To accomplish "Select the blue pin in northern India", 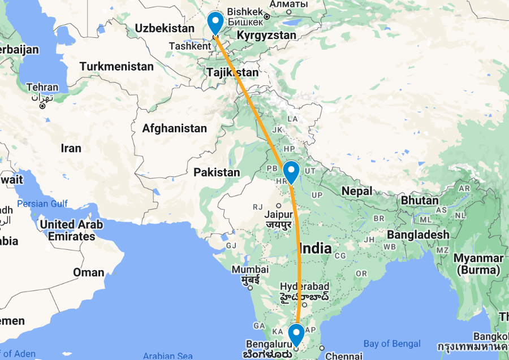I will coord(291,172).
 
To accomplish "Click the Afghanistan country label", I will coord(174,129).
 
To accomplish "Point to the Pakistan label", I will coord(217,172).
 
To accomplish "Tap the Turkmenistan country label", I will coord(117,67).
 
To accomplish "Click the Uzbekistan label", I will coord(165,28).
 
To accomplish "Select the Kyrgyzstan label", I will coord(266,36).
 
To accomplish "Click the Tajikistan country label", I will coord(232,72).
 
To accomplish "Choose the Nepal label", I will coord(357,191).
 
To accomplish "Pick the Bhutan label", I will coord(420,200).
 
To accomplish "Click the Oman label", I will coord(89,272).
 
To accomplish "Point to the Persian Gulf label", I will coord(42,203).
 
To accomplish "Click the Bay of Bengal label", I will coord(392,344).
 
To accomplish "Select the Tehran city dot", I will coord(41,106).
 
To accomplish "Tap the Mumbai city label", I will coord(250,270).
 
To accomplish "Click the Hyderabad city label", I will coord(304,287).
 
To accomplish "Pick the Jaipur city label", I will coord(279,215).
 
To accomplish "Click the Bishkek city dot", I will coord(266,16).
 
